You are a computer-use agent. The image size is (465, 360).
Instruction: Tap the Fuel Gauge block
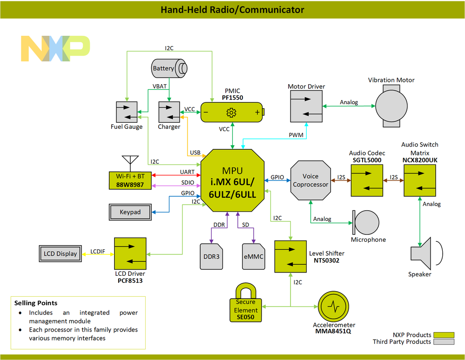point(127,112)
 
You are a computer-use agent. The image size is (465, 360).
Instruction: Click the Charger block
point(169,112)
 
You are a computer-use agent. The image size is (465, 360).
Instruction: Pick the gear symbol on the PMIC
point(231,113)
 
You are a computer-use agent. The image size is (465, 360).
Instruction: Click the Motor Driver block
point(306,106)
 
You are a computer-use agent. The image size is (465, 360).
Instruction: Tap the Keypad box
point(130,212)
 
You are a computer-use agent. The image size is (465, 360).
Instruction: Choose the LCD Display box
point(60,254)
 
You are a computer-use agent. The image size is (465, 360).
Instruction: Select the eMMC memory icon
point(253,256)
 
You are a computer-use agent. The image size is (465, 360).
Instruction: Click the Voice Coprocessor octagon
point(310,180)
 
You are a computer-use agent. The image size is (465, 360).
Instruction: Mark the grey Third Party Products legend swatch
point(443,342)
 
